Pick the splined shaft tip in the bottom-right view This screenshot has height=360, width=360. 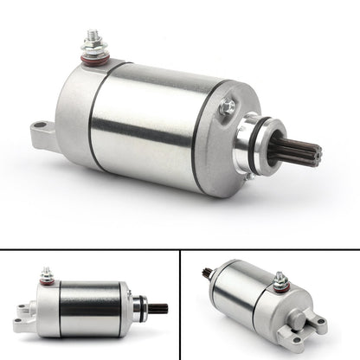pyautogui.click(x=208, y=275)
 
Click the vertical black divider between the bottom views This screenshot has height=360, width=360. pyautogui.click(x=180, y=303)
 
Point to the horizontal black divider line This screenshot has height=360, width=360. pyautogui.click(x=180, y=249)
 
